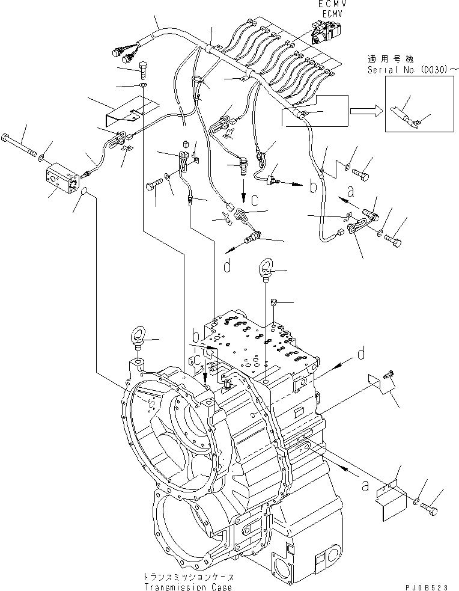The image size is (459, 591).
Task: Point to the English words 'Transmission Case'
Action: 188,587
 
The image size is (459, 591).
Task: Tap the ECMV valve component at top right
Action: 326,30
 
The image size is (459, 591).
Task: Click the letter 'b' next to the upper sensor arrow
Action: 312,187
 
